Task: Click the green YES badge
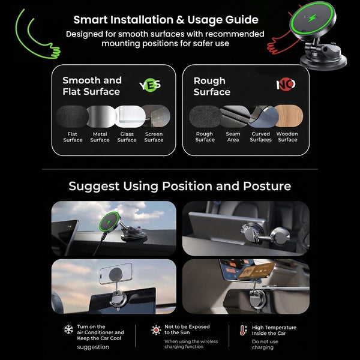pyautogui.click(x=150, y=85)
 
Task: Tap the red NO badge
pyautogui.click(x=286, y=85)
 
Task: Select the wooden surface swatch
pyautogui.click(x=289, y=116)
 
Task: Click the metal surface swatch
pyautogui.click(x=101, y=116)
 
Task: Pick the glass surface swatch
pyautogui.click(x=130, y=116)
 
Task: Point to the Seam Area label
pyautogui.click(x=233, y=137)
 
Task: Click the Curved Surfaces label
pyautogui.click(x=260, y=137)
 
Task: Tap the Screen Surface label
pyautogui.click(x=154, y=137)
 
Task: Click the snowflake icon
pyautogui.click(x=68, y=329)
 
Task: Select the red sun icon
pyautogui.click(x=156, y=330)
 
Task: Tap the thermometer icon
pyautogui.click(x=243, y=330)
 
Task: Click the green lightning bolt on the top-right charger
pyautogui.click(x=313, y=18)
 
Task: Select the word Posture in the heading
pyautogui.click(x=267, y=186)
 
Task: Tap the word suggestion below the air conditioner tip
pyautogui.click(x=93, y=347)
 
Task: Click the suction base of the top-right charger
pyautogui.click(x=323, y=62)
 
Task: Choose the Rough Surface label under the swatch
pyautogui.click(x=205, y=137)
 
